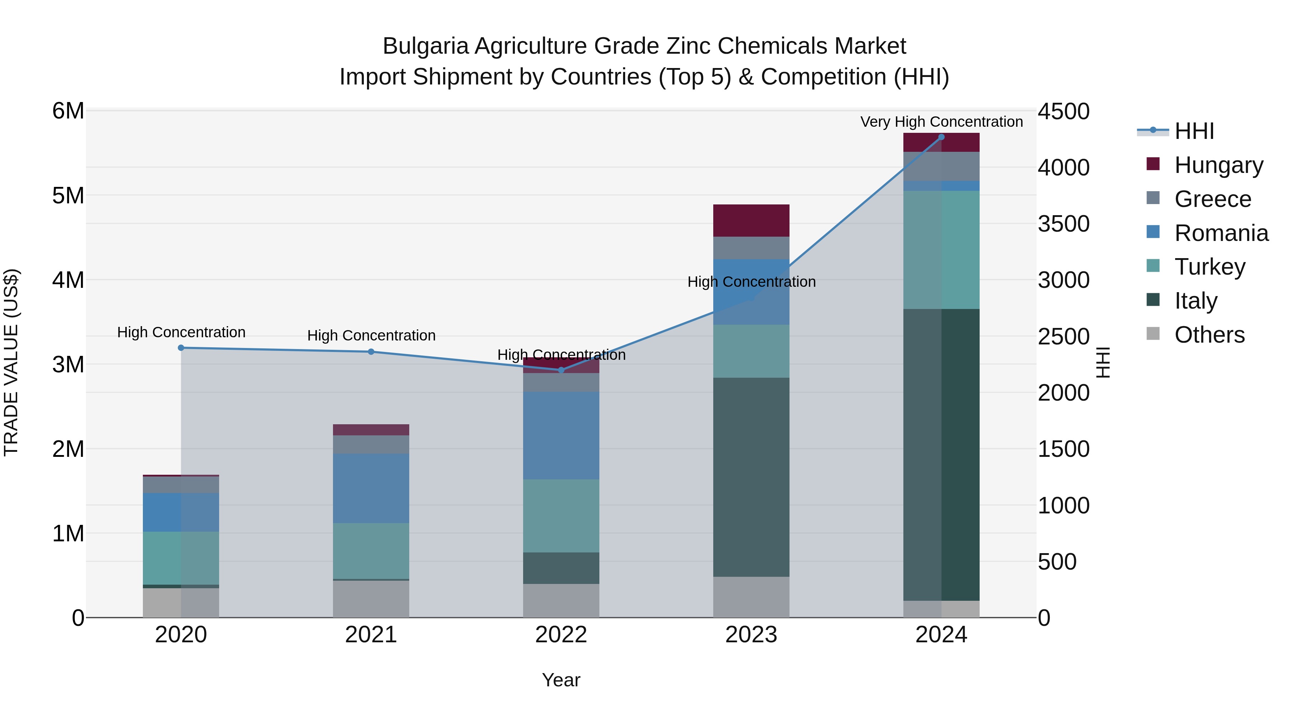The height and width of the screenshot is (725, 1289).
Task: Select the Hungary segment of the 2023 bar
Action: click(750, 220)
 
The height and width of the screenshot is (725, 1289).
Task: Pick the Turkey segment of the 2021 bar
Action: click(371, 550)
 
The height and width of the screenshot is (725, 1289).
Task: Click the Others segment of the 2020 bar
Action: click(181, 603)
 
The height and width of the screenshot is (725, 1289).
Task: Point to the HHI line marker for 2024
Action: click(941, 137)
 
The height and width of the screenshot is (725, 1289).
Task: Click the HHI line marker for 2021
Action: click(371, 352)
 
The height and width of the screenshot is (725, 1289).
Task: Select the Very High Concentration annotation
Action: click(941, 122)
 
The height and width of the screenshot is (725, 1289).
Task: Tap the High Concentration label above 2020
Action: click(181, 332)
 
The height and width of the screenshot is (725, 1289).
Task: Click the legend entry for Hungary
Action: click(1218, 165)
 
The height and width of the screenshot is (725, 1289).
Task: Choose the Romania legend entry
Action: click(1221, 233)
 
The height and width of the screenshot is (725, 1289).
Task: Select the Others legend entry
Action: click(1209, 335)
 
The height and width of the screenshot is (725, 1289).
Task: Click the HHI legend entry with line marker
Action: click(1193, 131)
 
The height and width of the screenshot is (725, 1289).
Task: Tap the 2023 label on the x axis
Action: click(750, 635)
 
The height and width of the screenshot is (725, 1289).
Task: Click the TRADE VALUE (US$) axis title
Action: click(11, 362)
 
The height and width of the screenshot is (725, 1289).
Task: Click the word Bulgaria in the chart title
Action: click(425, 46)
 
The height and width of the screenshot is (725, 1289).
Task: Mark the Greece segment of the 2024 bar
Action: click(941, 166)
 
